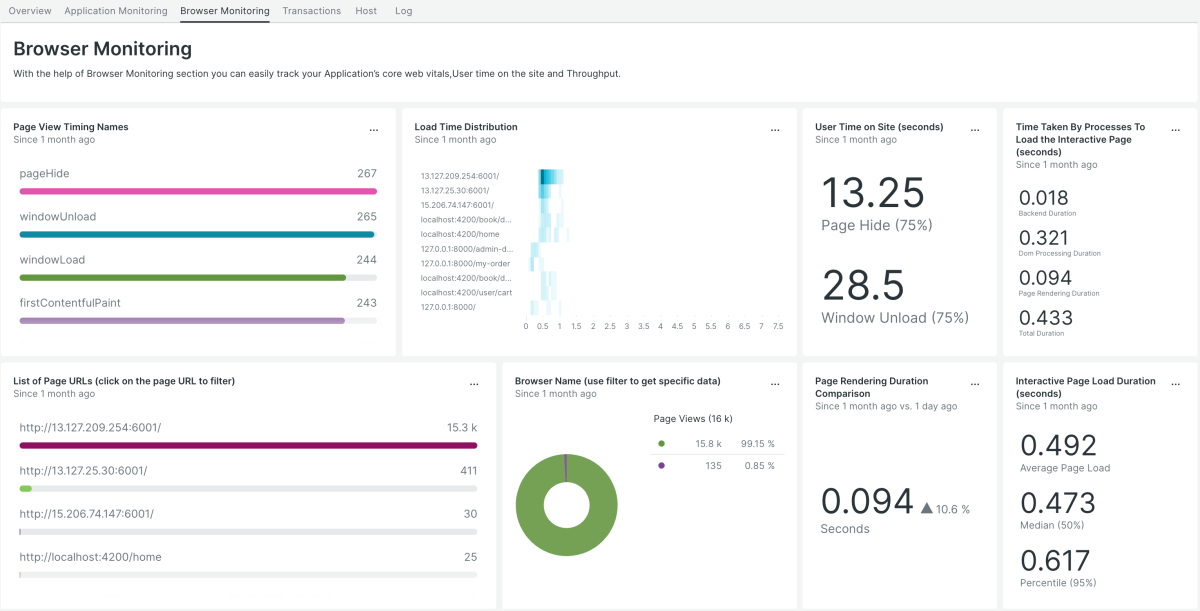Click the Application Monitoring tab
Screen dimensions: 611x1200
tap(116, 11)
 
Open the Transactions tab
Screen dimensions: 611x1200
tap(311, 11)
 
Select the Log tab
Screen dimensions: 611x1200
tap(403, 11)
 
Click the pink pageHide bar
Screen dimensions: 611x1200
tap(198, 191)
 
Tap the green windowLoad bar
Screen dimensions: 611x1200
tap(183, 277)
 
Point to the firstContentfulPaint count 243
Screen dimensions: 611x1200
tap(366, 302)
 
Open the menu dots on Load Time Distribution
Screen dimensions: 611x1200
tap(775, 131)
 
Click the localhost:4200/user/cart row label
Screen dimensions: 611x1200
tap(466, 292)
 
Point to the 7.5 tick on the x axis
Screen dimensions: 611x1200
tap(778, 326)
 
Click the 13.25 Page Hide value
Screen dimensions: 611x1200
tap(872, 193)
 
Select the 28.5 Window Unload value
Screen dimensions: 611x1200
tap(863, 285)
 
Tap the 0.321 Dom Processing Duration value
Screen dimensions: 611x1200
tap(1044, 238)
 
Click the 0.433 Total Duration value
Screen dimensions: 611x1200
tap(1044, 317)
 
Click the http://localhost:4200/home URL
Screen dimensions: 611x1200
tap(90, 557)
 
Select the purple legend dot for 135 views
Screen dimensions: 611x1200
tap(661, 464)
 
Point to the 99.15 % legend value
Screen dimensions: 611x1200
tap(757, 443)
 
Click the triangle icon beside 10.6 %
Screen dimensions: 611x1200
tap(926, 509)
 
